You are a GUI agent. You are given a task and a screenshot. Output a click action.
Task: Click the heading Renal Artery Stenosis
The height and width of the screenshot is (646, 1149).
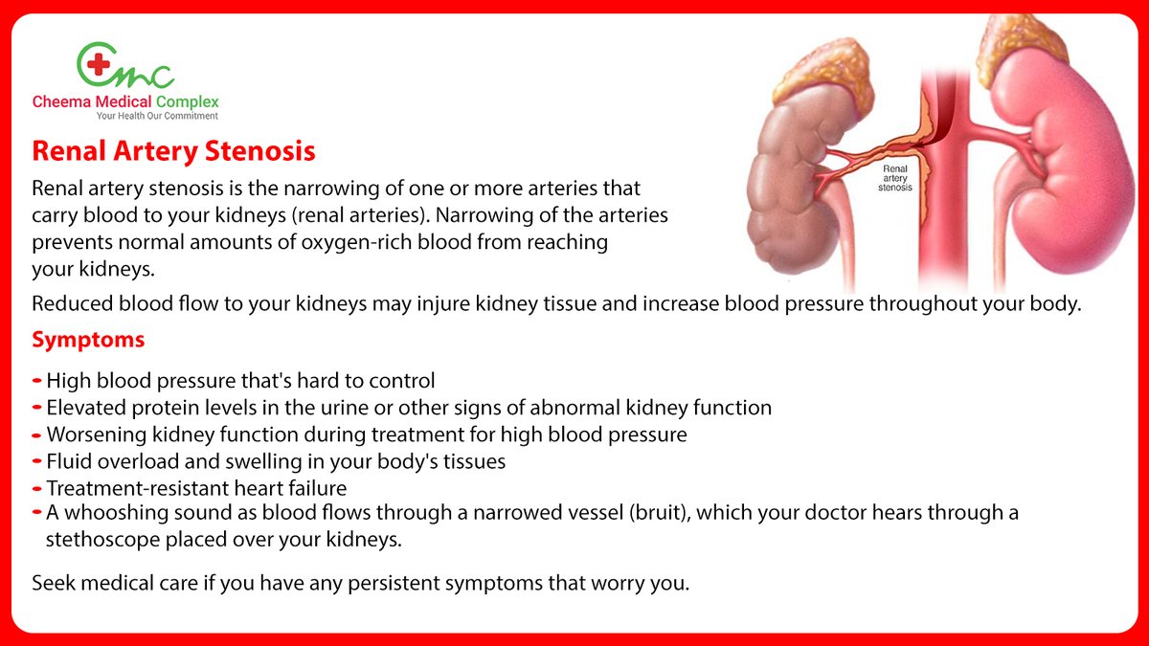click(173, 152)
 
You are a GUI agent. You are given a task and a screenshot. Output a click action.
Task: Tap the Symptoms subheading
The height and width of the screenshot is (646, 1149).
click(88, 340)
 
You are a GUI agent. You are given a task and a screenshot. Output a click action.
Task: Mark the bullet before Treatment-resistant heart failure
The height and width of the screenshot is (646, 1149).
click(36, 487)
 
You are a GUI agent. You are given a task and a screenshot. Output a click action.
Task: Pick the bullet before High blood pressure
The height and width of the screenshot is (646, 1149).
click(36, 380)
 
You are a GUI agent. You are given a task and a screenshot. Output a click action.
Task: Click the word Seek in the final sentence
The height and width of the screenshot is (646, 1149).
click(54, 583)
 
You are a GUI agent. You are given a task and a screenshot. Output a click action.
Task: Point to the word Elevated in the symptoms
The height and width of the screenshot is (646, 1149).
click(84, 407)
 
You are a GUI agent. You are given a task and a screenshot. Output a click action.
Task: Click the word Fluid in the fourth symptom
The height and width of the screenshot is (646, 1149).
click(69, 460)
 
